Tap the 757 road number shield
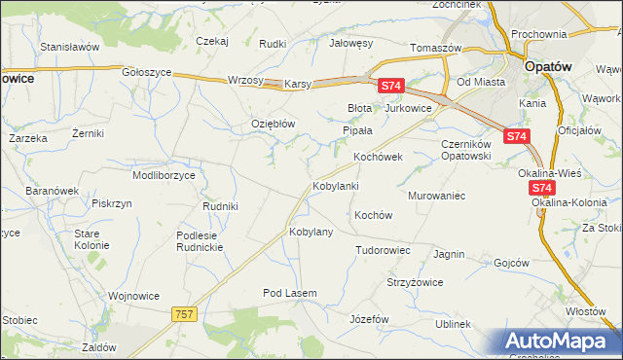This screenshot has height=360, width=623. click(184, 314)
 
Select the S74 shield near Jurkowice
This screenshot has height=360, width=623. click(390, 87)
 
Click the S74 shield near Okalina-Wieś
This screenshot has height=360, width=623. click(542, 188)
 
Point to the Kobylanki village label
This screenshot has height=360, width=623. click(336, 185)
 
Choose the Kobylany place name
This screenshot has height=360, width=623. click(311, 233)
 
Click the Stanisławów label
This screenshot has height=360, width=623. click(70, 46)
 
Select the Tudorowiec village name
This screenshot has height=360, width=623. click(383, 250)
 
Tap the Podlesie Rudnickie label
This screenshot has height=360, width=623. click(201, 241)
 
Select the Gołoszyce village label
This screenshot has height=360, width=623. click(148, 72)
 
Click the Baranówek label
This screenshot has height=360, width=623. click(52, 192)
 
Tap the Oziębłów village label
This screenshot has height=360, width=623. click(273, 124)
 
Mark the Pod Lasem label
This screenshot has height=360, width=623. click(289, 292)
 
